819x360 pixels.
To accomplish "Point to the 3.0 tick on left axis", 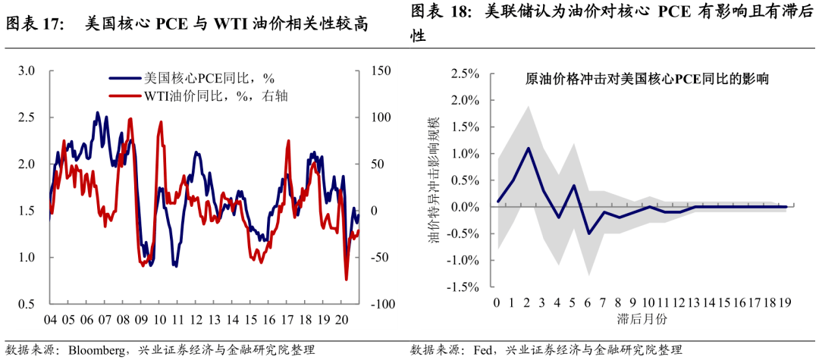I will click(x=27, y=70).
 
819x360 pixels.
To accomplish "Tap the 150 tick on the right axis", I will click(x=381, y=70).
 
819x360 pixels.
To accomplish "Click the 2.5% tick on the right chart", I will click(x=466, y=74).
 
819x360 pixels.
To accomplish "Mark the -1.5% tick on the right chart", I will click(x=463, y=287).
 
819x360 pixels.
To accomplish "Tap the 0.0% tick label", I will click(x=466, y=207).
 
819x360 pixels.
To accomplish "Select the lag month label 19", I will click(x=785, y=303).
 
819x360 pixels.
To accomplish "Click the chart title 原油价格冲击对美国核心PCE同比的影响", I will click(x=648, y=79).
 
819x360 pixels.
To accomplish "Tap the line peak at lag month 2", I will click(x=528, y=148).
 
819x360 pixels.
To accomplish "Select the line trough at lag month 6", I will click(x=588, y=233).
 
